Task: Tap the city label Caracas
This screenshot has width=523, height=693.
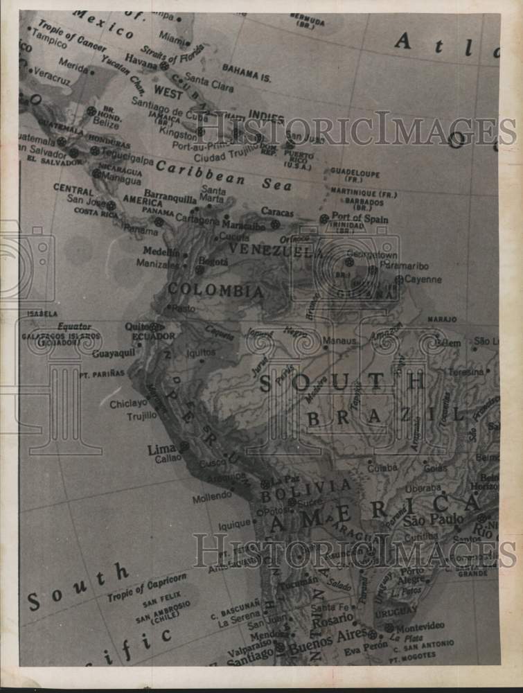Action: (277, 212)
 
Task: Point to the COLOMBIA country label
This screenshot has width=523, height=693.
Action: (215, 291)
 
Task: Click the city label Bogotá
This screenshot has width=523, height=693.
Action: (213, 262)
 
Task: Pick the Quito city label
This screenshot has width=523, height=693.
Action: (136, 326)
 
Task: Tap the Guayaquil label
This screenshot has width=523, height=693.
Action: (114, 353)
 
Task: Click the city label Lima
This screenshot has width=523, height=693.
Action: (161, 450)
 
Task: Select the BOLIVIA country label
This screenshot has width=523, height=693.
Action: (305, 489)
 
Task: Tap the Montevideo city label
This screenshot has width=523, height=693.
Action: (420, 626)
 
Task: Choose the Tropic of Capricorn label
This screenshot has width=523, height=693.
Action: (147, 586)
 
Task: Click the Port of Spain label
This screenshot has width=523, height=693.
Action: (359, 218)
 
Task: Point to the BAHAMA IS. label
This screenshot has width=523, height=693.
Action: (247, 71)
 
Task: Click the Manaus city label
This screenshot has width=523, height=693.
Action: (339, 341)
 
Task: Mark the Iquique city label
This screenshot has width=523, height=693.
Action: (233, 525)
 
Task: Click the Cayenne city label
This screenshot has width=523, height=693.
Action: (423, 279)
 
